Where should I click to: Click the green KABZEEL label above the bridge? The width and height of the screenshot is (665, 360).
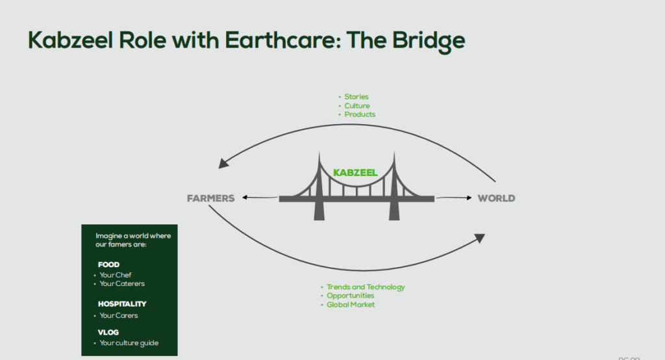coord(355,173)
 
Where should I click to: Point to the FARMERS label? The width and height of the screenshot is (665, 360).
coord(210,198)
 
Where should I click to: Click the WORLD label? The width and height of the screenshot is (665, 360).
coord(496,198)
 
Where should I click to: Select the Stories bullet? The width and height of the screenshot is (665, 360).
coord(356,97)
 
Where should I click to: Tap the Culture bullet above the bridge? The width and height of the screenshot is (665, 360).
coord(357,106)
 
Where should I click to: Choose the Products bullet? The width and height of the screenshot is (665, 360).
coord(359,114)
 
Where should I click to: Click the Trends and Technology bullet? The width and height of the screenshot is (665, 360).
coord(365,287)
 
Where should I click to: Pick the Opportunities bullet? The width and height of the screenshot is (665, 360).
coord(350,296)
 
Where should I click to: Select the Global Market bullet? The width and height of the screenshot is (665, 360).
coord(350,305)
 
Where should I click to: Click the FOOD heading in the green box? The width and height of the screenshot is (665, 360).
coord(109,264)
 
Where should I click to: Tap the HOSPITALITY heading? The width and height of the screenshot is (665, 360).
coord(122,303)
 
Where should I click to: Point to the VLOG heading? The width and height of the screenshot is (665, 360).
coord(108,332)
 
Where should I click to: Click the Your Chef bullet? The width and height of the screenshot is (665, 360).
coord(115,275)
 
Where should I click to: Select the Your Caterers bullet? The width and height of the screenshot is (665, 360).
coord(121,283)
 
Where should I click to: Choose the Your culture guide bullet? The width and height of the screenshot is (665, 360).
coord(129,342)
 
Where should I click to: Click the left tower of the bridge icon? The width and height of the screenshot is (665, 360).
coord(320,188)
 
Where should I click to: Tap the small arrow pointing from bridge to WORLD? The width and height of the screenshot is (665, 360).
coord(454,197)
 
